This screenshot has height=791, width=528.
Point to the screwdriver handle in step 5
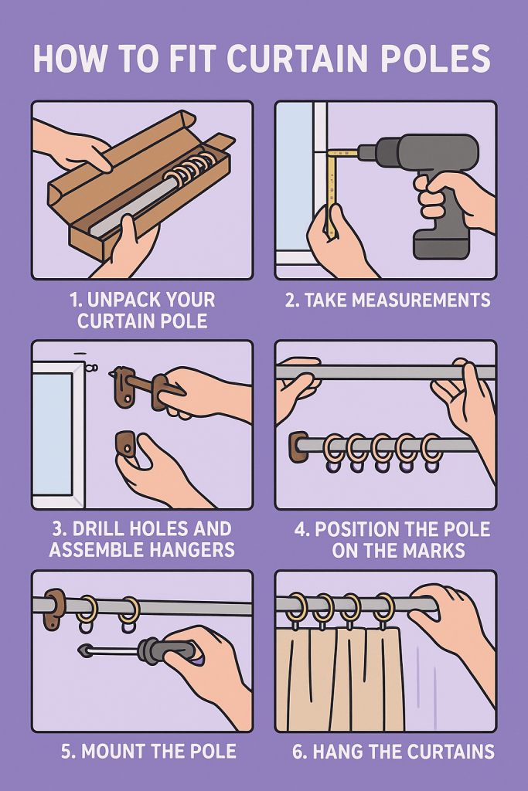[167, 650]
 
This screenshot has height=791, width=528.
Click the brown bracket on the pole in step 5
[53, 609]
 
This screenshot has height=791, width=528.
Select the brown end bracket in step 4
[298, 446]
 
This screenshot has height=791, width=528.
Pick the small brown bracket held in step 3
[126, 444]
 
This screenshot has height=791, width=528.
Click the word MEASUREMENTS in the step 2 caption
[421, 300]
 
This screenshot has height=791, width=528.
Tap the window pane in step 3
[53, 434]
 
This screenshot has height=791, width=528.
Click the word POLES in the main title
[435, 58]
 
